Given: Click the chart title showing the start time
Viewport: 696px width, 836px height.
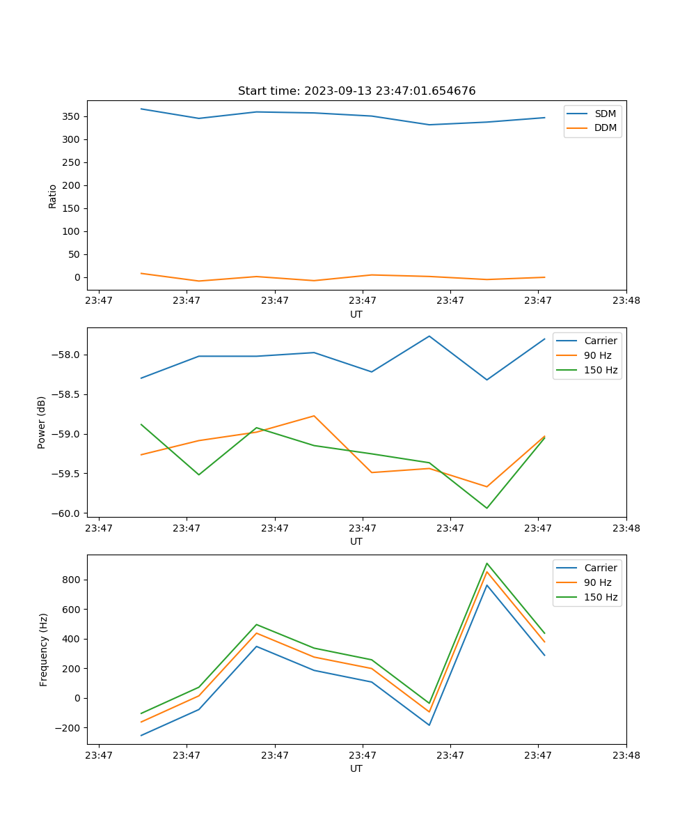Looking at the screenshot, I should pos(356,91).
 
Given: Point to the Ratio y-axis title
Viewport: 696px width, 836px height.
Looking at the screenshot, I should pos(53,196).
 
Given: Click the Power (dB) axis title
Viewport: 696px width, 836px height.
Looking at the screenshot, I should pos(42,422).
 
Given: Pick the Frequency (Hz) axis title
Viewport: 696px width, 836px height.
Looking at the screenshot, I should pos(44,649).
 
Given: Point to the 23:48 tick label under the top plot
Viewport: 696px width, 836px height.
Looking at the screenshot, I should pos(626,301).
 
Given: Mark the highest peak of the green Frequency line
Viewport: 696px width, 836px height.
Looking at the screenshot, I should pos(487,564).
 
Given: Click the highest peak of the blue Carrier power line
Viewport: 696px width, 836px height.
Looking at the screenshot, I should pos(429,336).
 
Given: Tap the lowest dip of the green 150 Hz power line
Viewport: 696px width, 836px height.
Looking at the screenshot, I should pos(487,508).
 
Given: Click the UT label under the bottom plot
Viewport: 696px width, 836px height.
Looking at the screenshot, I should pos(356,768).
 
